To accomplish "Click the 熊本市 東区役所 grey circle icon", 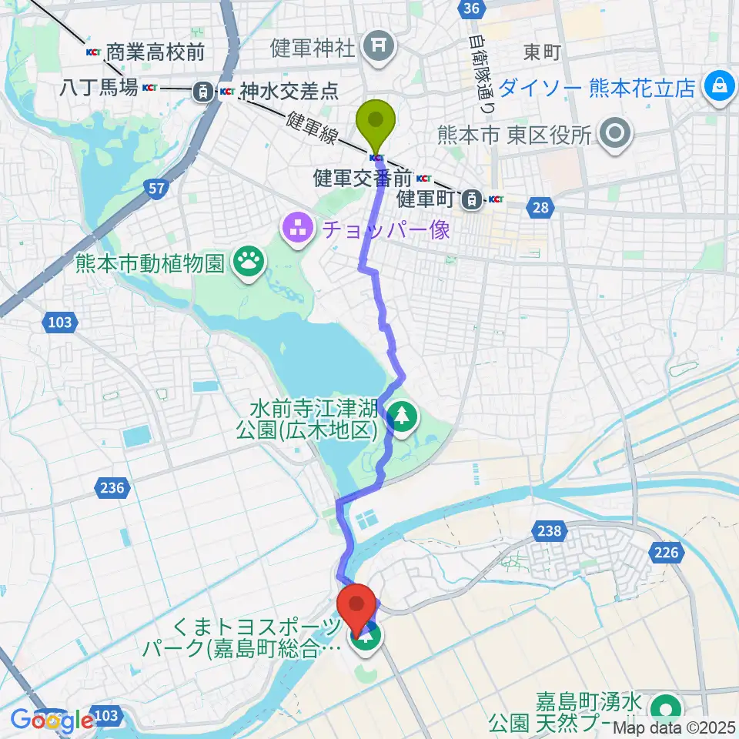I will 617,135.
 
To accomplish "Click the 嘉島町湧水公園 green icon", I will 664,707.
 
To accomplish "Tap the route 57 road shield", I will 155,189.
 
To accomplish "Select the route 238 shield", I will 551,530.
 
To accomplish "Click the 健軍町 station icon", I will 469,200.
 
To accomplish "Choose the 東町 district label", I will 542,52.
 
